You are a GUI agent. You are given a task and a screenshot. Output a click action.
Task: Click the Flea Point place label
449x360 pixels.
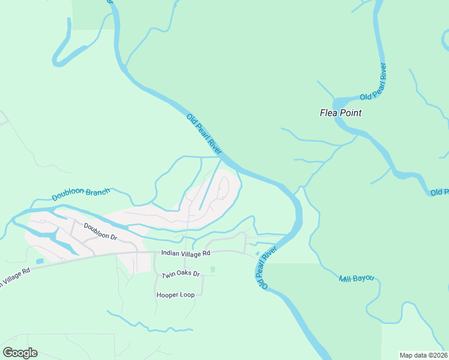(x=340, y=112)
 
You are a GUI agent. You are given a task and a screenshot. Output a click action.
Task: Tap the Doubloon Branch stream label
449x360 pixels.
(x=80, y=194)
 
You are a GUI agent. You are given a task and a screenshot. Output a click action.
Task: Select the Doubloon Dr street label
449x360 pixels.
(x=99, y=232)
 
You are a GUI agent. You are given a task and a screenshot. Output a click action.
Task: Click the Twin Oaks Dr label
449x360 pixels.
(x=180, y=275)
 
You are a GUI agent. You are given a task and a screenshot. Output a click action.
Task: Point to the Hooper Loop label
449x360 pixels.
(x=175, y=295)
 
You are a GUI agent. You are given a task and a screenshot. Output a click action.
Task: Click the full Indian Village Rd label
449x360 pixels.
(x=185, y=254)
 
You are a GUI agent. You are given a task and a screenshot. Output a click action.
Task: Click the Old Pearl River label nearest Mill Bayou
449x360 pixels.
(x=268, y=268)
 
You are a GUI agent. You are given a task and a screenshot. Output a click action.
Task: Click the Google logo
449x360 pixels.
(x=20, y=353)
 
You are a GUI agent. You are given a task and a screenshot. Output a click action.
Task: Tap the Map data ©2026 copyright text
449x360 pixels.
(x=423, y=355)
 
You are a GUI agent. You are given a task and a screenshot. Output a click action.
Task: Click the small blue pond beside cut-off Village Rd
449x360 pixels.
(x=40, y=262)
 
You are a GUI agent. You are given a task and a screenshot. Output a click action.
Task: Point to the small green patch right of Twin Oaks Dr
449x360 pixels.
(x=212, y=269)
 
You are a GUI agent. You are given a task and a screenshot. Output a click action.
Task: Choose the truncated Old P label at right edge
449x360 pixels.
(x=439, y=192)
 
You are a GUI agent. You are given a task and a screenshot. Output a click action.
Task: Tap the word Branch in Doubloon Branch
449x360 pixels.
(x=98, y=192)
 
